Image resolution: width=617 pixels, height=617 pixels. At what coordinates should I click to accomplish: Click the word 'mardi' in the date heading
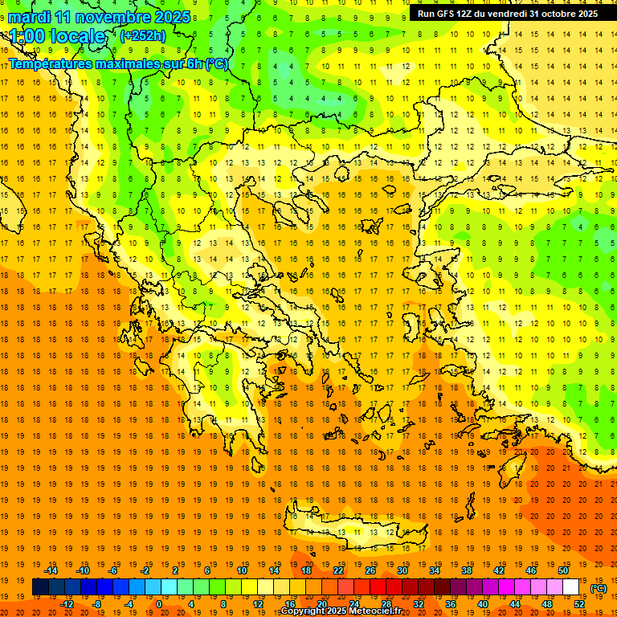click(x=29, y=17)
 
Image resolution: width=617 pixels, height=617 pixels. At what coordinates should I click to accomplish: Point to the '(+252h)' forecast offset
click(x=143, y=36)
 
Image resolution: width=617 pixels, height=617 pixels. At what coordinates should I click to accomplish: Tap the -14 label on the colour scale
click(x=51, y=570)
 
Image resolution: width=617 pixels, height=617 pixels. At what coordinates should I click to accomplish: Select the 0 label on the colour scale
click(x=159, y=604)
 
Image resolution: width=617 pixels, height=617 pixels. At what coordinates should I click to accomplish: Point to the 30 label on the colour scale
click(x=402, y=570)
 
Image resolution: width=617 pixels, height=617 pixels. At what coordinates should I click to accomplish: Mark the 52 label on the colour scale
click(x=579, y=604)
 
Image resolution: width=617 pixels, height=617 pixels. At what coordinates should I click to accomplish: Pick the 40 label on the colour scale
click(x=483, y=604)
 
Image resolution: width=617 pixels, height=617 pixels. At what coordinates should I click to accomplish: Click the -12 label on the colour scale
click(x=67, y=604)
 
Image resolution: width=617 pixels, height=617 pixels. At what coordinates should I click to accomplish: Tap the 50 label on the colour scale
click(x=563, y=570)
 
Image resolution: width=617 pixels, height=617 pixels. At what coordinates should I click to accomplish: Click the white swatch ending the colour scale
click(x=570, y=587)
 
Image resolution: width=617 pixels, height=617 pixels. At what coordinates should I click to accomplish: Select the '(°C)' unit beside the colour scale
click(x=599, y=588)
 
